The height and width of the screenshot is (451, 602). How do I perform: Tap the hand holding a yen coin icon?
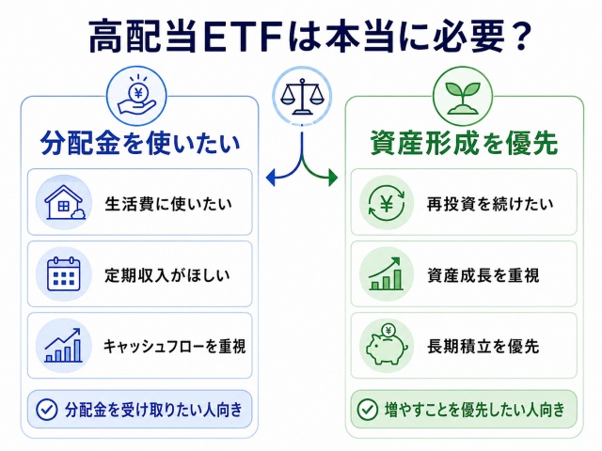pos(136,96)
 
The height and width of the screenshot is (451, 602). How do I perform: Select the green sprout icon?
pos(462,98)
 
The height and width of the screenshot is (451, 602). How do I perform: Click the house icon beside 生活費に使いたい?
pos(64,202)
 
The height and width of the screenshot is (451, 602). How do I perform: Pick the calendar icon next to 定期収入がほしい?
pos(64,273)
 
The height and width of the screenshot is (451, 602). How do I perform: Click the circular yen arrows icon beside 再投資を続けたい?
pos(387,203)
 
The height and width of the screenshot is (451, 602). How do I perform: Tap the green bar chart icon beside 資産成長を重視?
pos(386,273)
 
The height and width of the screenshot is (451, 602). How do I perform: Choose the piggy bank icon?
pos(387,345)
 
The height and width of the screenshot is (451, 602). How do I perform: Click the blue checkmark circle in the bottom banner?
pos(47,410)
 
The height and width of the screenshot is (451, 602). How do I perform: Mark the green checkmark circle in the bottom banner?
pos(368,410)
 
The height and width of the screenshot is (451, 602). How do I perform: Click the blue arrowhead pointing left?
pos(271,178)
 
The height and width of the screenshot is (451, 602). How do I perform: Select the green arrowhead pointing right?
pos(333,178)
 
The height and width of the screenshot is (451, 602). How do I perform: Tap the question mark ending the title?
pos(521,37)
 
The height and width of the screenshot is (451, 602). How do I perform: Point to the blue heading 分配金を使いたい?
pos(140,143)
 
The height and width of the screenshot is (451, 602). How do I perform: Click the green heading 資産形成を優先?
pos(464,143)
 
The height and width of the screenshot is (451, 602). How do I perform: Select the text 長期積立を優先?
pos(483,347)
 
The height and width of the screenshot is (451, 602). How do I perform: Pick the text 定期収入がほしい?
pos(167,275)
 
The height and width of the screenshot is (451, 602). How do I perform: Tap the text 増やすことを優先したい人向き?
pos(474,410)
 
